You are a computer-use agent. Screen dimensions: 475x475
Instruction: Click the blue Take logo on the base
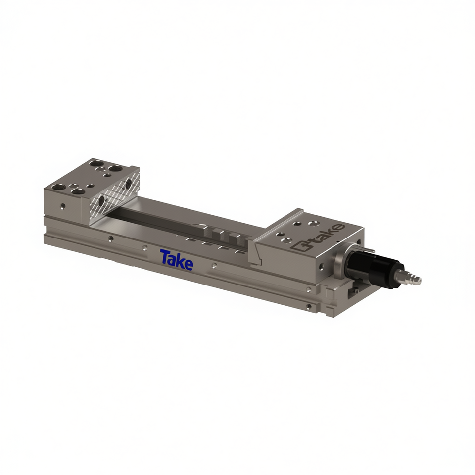[177, 260]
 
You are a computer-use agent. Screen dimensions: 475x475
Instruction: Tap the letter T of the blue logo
[165, 256]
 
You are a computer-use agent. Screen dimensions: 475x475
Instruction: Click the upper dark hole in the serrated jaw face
[128, 183]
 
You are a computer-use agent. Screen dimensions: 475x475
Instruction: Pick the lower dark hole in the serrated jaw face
[101, 200]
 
